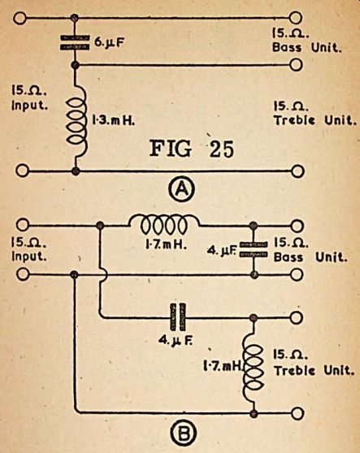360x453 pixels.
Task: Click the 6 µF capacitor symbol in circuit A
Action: [x=75, y=42]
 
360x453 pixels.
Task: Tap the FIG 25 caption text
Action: [x=192, y=149]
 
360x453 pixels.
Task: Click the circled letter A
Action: [x=181, y=189]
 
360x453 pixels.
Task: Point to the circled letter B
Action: [x=184, y=434]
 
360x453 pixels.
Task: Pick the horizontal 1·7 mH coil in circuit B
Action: [x=164, y=224]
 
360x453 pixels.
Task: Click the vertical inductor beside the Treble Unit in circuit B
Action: [x=254, y=365]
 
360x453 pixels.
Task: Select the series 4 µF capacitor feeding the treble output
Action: [x=177, y=317]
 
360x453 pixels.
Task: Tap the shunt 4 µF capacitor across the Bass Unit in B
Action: [x=254, y=249]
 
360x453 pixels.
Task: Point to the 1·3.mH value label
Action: [x=113, y=120]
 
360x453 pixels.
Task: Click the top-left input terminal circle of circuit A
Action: [x=20, y=18]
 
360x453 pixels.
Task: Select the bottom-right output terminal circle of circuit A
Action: [x=297, y=171]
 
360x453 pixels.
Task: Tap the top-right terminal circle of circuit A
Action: [x=296, y=18]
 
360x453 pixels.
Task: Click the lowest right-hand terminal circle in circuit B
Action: [x=297, y=414]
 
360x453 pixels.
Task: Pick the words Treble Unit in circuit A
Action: [x=314, y=120]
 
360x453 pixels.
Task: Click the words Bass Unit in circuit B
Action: [x=310, y=257]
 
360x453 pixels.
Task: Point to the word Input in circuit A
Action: [x=29, y=106]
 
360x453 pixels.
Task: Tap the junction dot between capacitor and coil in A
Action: [x=76, y=65]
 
